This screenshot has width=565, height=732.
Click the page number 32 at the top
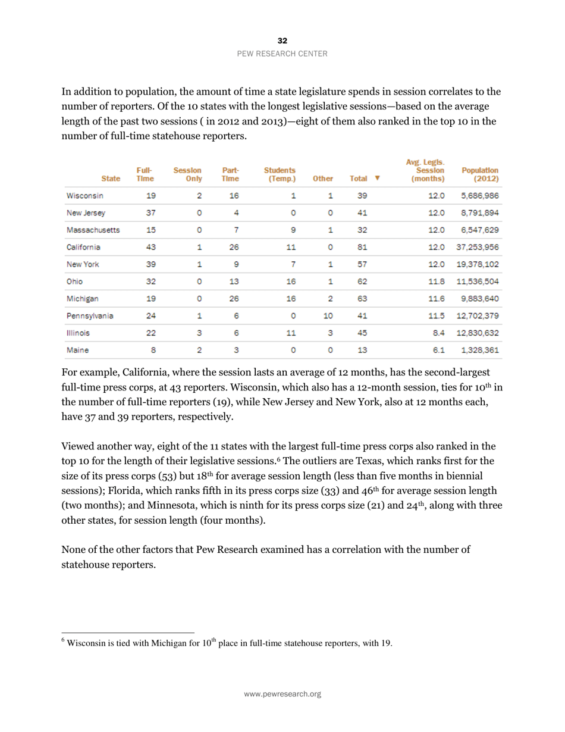pyautogui.click(x=282, y=40)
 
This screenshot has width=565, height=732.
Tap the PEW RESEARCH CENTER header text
pyautogui.click(x=282, y=54)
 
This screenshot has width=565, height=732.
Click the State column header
pyautogui.click(x=111, y=178)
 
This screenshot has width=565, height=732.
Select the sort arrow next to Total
pyautogui.click(x=378, y=178)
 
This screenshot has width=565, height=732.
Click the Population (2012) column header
pyautogui.click(x=479, y=174)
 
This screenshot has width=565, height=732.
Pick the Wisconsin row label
pyautogui.click(x=85, y=195)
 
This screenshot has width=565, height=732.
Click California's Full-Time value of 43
pyautogui.click(x=151, y=247)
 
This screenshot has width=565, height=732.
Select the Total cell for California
pyautogui.click(x=362, y=247)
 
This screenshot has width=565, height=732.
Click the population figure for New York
pyautogui.click(x=479, y=264)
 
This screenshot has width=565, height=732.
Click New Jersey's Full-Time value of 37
pyautogui.click(x=151, y=212)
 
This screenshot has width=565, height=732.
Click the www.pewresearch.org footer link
pyautogui.click(x=282, y=694)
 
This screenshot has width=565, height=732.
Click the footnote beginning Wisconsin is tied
pyautogui.click(x=229, y=643)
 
